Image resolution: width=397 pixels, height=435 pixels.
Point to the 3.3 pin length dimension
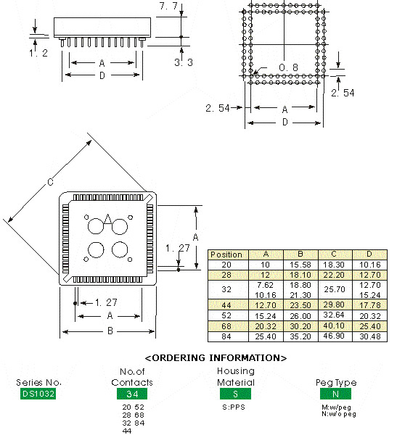point(184,63)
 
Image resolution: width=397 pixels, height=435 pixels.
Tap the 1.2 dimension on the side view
point(38,53)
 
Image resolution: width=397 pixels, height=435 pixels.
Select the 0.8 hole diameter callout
point(288,68)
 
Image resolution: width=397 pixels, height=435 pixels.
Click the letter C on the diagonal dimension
point(50,183)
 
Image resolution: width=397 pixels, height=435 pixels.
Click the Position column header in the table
point(226,254)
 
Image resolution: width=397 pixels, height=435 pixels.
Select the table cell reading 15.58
point(300,265)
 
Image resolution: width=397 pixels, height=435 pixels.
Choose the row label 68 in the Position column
point(226,326)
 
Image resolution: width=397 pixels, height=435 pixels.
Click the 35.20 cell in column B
point(300,336)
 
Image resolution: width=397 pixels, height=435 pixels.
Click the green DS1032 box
point(38,394)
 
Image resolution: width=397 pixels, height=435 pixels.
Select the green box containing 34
point(132,394)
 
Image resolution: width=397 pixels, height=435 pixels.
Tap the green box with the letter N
point(336,394)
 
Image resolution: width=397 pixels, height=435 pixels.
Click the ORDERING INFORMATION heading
point(216,358)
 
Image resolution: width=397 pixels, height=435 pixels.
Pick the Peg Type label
point(336,382)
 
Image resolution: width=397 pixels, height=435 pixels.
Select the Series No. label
point(38,382)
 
